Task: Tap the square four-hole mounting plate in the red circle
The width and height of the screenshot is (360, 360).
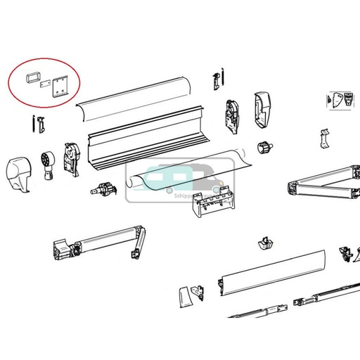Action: [x=59, y=86]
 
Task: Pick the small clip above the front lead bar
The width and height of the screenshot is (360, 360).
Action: [x=265, y=243]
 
